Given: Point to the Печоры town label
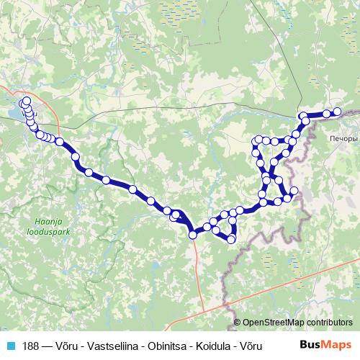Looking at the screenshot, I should click(341, 138).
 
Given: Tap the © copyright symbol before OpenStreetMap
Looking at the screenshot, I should click(238, 322).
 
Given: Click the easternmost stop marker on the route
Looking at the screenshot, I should click(337, 111).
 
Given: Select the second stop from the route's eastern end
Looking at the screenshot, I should click(327, 113).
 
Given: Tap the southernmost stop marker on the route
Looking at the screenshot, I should click(231, 239).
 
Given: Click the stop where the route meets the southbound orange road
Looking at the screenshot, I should click(193, 234).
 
